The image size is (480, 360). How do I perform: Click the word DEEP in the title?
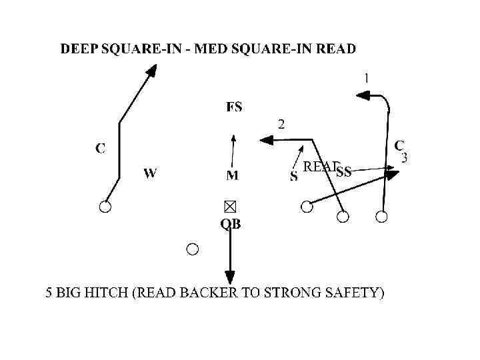pyautogui.click(x=80, y=49)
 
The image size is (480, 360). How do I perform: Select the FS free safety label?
pyautogui.click(x=234, y=107)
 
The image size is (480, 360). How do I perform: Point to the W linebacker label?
pyautogui.click(x=150, y=173)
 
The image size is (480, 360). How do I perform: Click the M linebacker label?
pyautogui.click(x=232, y=175)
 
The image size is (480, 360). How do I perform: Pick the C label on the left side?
pyautogui.click(x=100, y=148)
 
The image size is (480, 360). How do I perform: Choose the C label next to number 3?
pyautogui.click(x=399, y=145)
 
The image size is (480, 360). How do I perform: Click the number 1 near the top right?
pyautogui.click(x=366, y=78)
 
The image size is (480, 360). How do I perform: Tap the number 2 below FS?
pyautogui.click(x=281, y=123)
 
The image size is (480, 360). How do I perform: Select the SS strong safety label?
pyautogui.click(x=344, y=173)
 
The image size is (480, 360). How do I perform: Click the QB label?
pyautogui.click(x=231, y=225)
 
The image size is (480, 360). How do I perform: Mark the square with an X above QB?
pyautogui.click(x=230, y=206)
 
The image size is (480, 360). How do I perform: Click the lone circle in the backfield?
pyautogui.click(x=193, y=249)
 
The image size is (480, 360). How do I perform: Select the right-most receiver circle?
pyautogui.click(x=381, y=216)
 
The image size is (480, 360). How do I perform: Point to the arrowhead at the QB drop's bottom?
pyautogui.click(x=230, y=277)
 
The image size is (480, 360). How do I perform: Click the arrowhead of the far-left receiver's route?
pyautogui.click(x=152, y=70)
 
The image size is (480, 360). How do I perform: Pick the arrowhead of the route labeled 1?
pyautogui.click(x=362, y=96)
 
